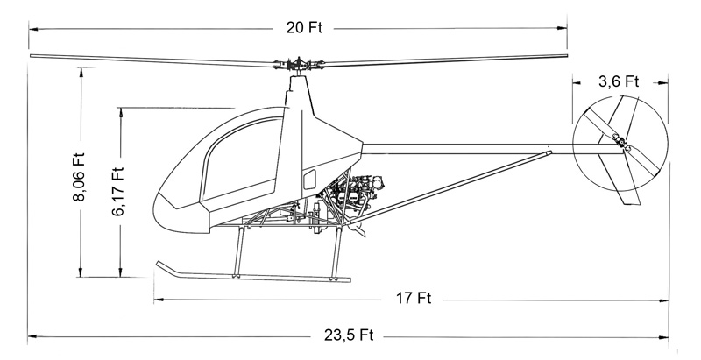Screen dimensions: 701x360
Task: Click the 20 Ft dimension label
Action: tap(304, 28)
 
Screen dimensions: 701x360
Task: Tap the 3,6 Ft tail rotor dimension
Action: tap(619, 81)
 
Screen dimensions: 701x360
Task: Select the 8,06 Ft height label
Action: tap(79, 177)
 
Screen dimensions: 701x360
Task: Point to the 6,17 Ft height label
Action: tap(117, 192)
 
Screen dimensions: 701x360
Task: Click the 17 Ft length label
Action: tap(414, 298)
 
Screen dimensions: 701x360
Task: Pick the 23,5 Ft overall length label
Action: tap(349, 335)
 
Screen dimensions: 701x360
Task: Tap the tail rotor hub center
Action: tap(621, 143)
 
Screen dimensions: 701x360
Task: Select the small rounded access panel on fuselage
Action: tap(309, 180)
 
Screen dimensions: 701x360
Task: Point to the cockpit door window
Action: tap(242, 159)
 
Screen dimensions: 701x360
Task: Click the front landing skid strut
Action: tap(239, 252)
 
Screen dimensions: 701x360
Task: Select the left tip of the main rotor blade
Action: tap(32, 56)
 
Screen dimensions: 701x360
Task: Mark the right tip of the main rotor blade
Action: tap(566, 56)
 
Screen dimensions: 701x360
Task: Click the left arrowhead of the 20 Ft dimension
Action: tap(33, 29)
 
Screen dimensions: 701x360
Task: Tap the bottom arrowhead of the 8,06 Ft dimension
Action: tap(81, 272)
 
